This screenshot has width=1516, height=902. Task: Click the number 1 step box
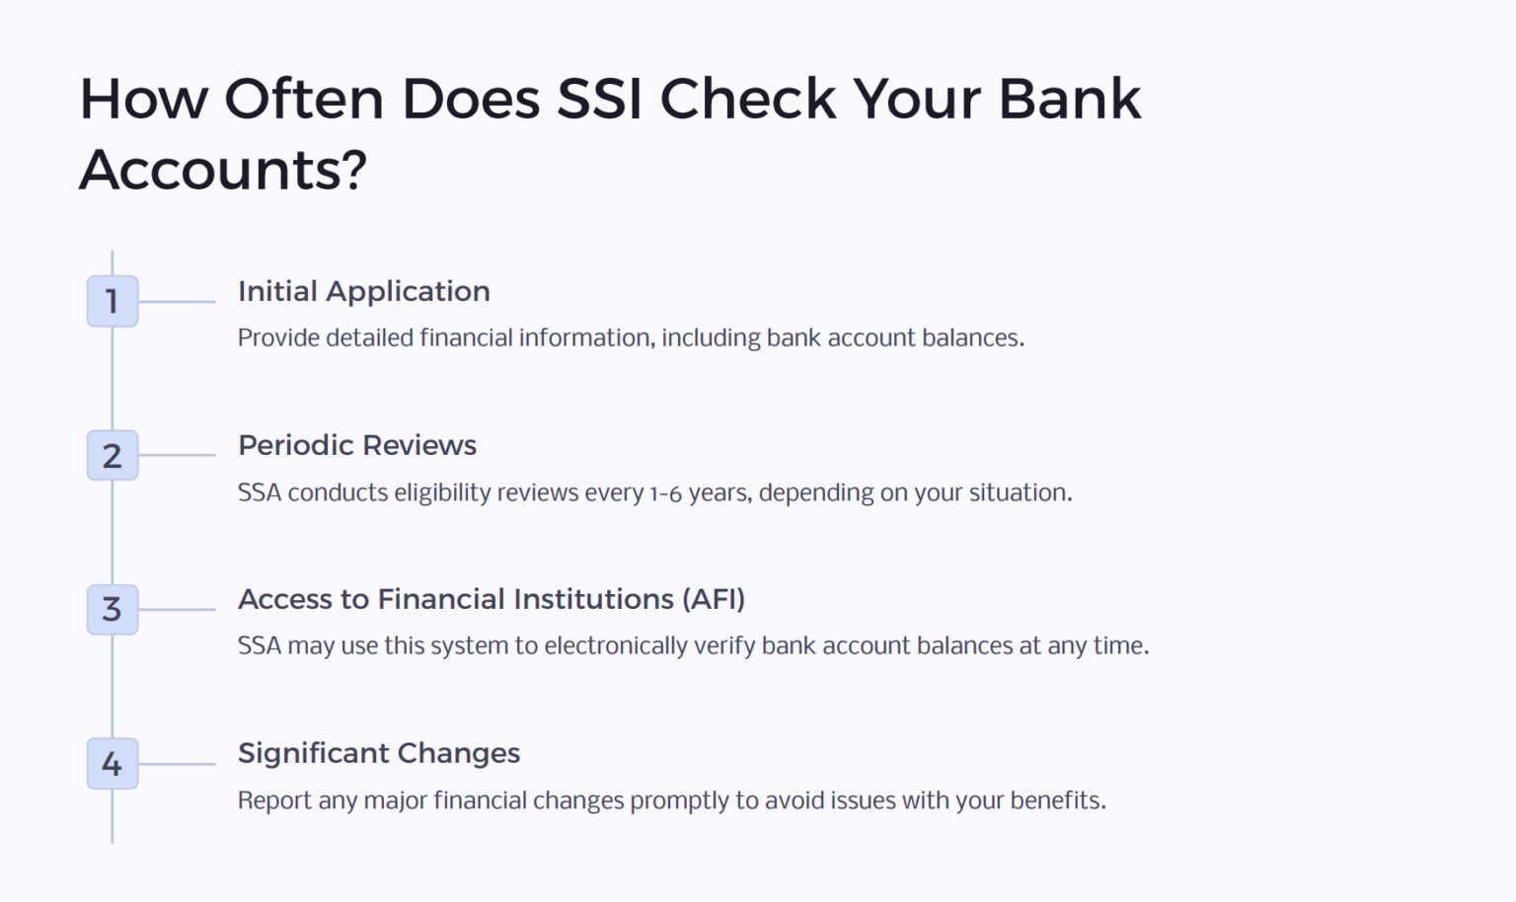pyautogui.click(x=113, y=301)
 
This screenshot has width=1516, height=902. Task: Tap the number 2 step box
pyautogui.click(x=113, y=455)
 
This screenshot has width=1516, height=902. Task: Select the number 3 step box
pyautogui.click(x=113, y=609)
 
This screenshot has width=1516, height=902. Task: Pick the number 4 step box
pyautogui.click(x=113, y=763)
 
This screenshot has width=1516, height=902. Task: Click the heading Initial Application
pyautogui.click(x=363, y=291)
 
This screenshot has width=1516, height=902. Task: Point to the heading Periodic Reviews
pyautogui.click(x=356, y=445)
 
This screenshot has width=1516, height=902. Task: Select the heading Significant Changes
pyautogui.click(x=378, y=753)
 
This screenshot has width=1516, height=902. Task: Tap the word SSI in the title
pyautogui.click(x=599, y=100)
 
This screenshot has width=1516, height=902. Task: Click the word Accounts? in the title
pyautogui.click(x=223, y=170)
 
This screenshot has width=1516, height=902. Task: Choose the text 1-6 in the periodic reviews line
pyautogui.click(x=665, y=493)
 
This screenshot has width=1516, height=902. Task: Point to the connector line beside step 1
pyautogui.click(x=177, y=301)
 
